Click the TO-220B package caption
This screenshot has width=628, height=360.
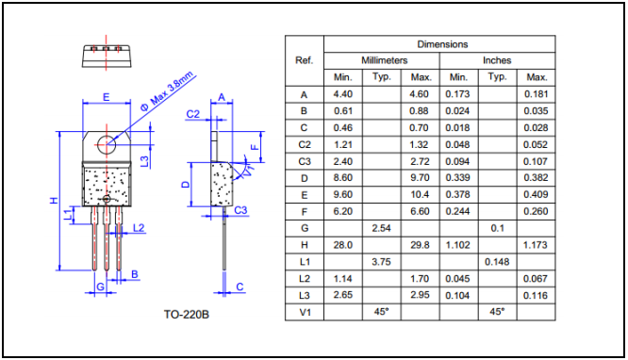coord(187,315)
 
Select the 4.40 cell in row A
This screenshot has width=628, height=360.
coord(343,94)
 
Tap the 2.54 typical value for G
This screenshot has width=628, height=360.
coord(381,228)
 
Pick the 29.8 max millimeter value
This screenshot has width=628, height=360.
coord(420,245)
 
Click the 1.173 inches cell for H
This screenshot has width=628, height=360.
coord(535,245)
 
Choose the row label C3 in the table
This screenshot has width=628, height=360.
coord(305,161)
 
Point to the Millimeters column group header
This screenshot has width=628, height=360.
coord(384,60)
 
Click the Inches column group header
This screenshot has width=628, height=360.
coord(497,60)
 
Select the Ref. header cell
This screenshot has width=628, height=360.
coord(304,60)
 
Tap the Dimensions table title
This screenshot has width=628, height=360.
coord(442,44)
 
